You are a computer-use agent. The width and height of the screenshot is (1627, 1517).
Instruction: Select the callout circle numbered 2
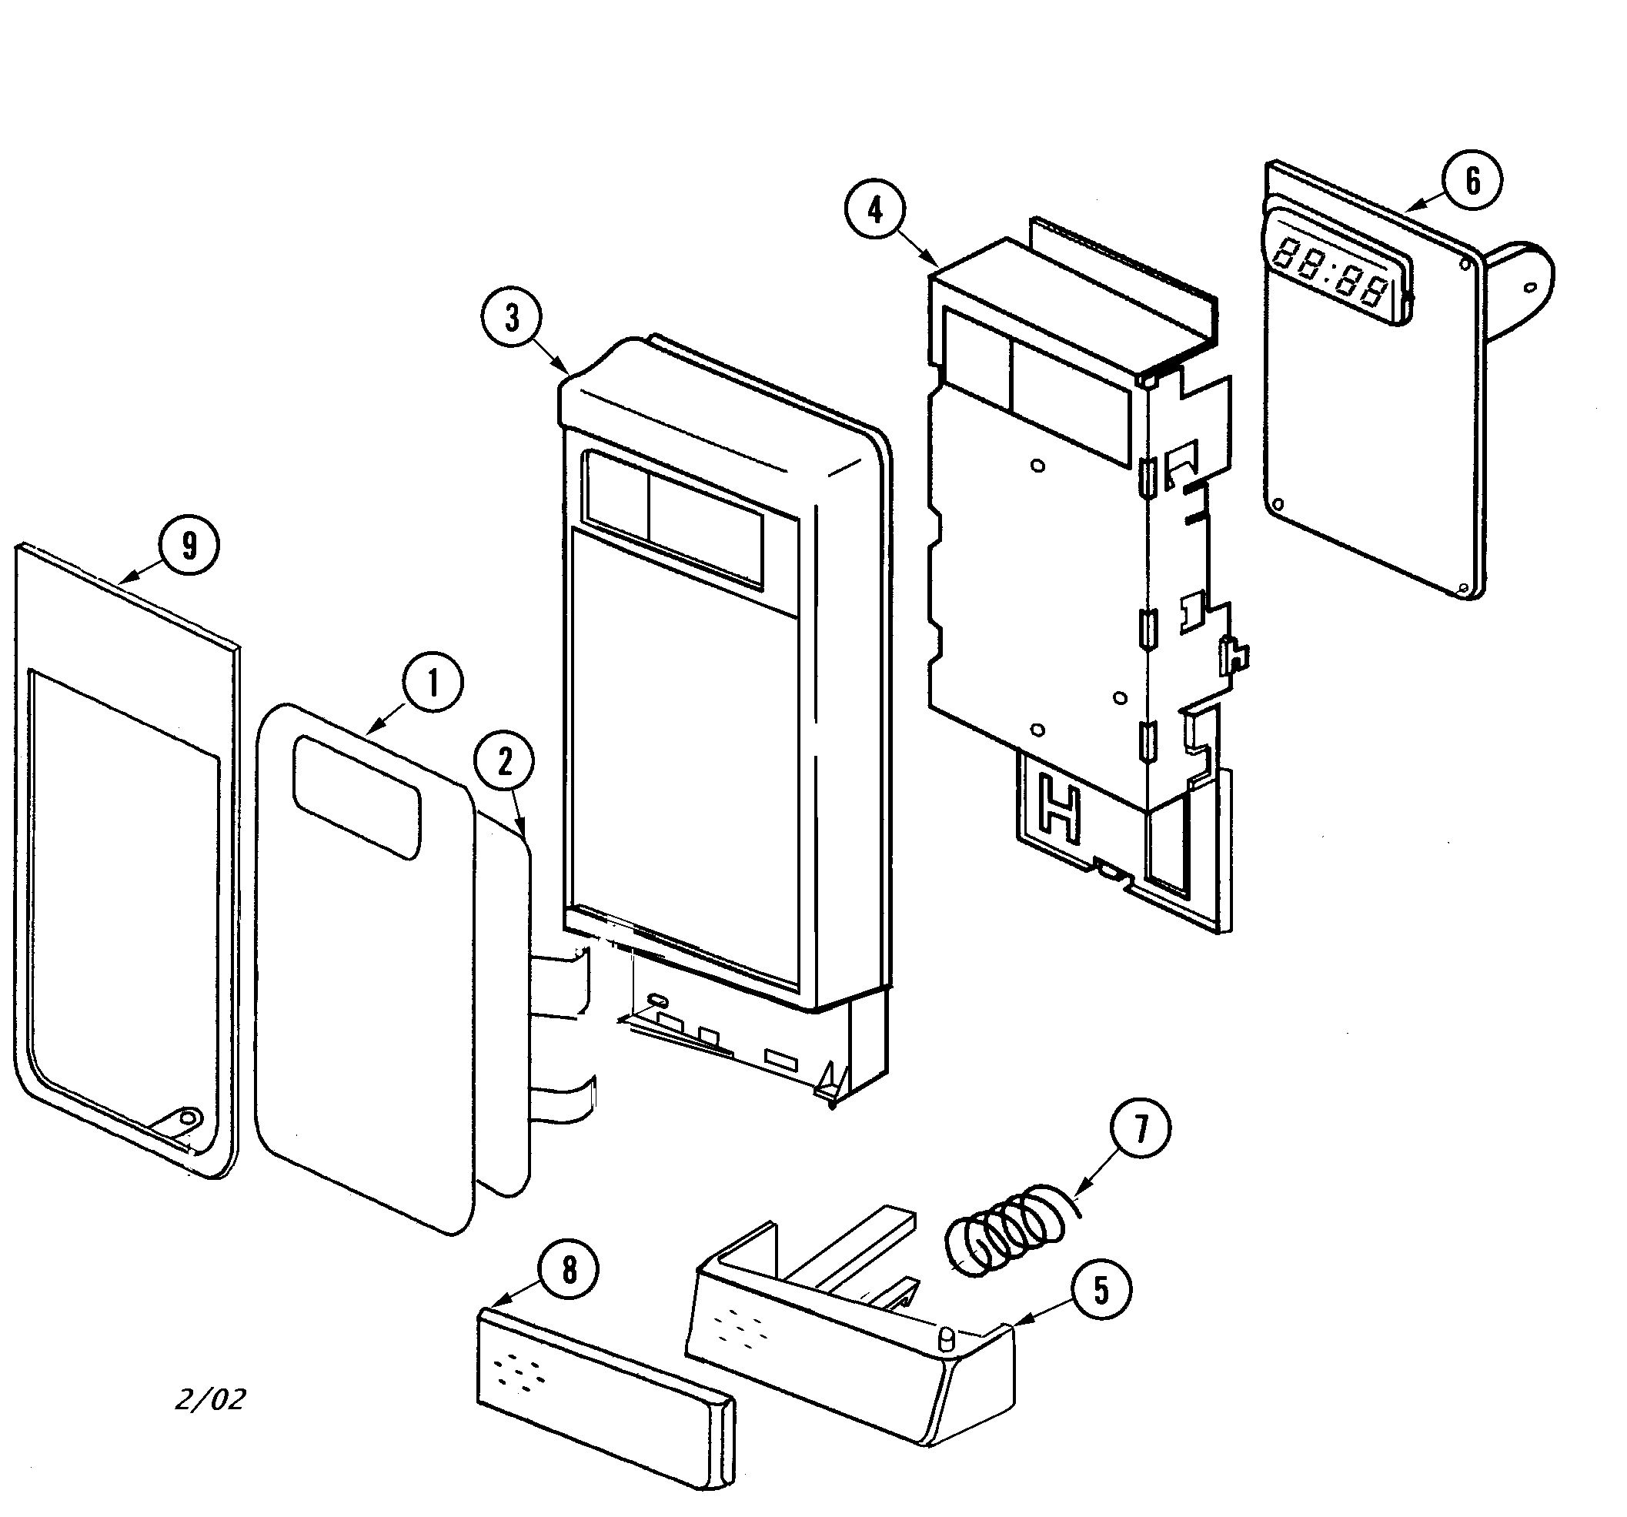coord(505,763)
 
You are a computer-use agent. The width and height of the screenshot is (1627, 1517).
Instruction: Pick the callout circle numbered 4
coord(876,211)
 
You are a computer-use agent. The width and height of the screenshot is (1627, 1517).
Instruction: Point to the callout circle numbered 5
coord(1101,1291)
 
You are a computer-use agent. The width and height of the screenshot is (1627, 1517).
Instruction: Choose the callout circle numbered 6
coord(1472,181)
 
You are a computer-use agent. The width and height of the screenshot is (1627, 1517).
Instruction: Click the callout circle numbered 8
coord(569,1270)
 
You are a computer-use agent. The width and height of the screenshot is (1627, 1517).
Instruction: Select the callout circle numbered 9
coord(189,546)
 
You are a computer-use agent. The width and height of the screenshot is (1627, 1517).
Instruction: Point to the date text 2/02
coord(211,1398)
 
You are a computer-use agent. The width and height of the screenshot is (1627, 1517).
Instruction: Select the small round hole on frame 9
coord(189,1116)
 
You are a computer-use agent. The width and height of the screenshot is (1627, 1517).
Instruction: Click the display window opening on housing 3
coord(673,519)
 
